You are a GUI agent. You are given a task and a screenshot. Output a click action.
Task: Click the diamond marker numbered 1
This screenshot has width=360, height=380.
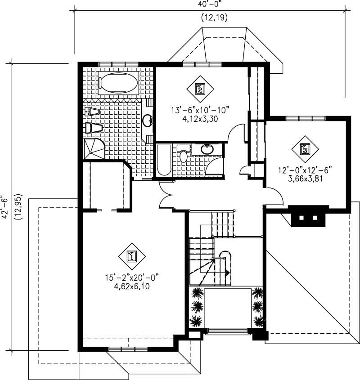click(x=131, y=256)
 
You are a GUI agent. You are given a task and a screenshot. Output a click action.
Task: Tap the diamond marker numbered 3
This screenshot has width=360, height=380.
click(x=306, y=148)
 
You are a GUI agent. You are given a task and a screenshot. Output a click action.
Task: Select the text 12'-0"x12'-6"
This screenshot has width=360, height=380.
click(x=305, y=170)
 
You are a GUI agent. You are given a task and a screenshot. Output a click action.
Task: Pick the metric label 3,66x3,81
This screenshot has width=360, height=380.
click(x=305, y=178)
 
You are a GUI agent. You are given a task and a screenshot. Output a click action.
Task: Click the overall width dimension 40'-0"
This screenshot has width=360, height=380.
click(x=209, y=4)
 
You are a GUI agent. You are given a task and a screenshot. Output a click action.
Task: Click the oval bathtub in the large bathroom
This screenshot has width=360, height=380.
click(x=119, y=83)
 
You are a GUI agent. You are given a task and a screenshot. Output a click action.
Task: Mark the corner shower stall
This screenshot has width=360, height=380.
click(x=93, y=149)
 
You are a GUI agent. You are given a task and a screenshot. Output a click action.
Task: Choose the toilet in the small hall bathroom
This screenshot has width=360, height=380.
click(x=183, y=155)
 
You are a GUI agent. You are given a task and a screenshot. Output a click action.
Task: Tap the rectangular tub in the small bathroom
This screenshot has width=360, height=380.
click(x=164, y=160)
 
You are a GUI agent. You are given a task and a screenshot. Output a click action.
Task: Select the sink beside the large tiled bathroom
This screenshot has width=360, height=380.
click(x=147, y=120)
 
